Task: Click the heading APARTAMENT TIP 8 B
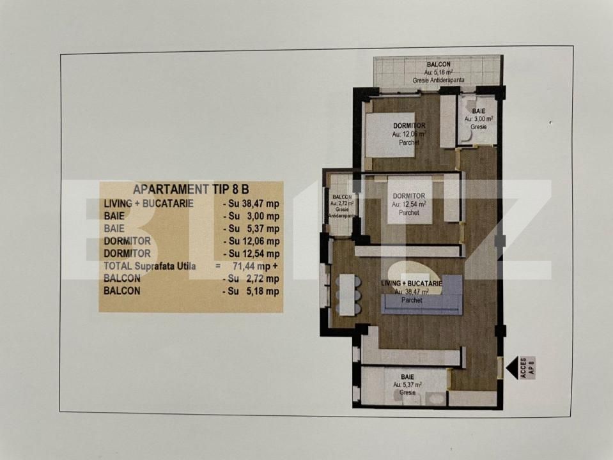click(x=190, y=189)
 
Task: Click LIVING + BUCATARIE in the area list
click(x=149, y=203)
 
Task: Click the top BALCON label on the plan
click(x=438, y=65)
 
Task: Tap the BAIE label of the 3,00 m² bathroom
click(x=477, y=111)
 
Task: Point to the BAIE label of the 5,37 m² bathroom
click(x=407, y=377)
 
